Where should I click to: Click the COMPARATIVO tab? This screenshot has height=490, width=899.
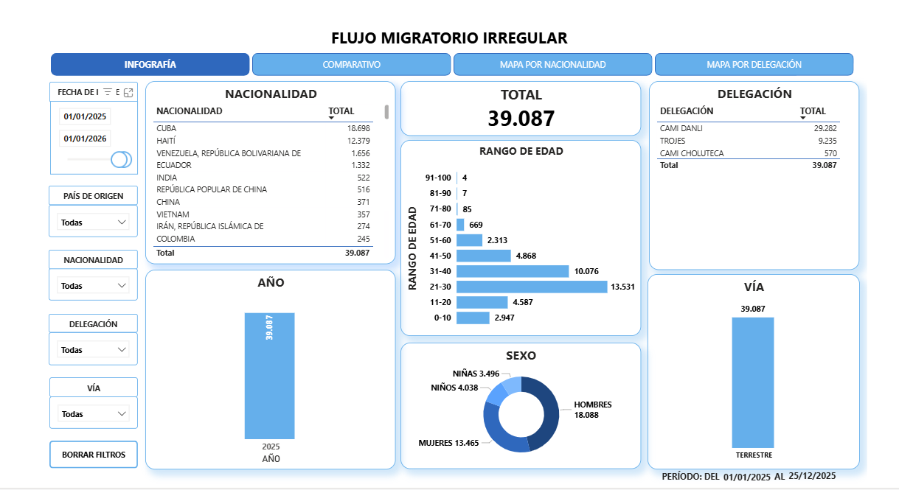(x=351, y=65)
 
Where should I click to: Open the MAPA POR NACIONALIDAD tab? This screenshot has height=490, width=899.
(x=552, y=65)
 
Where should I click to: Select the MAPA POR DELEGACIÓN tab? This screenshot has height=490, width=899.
(x=754, y=65)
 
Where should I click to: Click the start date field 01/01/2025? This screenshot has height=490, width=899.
(x=86, y=116)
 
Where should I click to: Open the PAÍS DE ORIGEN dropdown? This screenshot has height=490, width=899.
(x=93, y=222)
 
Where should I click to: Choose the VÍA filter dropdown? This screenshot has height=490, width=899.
(x=93, y=414)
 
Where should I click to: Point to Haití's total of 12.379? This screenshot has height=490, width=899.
(x=358, y=141)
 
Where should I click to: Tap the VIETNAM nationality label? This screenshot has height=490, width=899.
(x=173, y=214)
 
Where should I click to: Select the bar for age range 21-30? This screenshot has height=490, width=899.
(x=531, y=287)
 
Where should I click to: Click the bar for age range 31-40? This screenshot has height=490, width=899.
(x=513, y=271)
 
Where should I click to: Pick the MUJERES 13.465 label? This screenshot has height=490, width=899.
(x=449, y=443)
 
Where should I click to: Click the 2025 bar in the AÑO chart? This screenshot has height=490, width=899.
(x=270, y=376)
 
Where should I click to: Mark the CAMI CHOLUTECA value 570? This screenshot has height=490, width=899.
(x=830, y=153)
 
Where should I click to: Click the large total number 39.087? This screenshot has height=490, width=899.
(x=521, y=119)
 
